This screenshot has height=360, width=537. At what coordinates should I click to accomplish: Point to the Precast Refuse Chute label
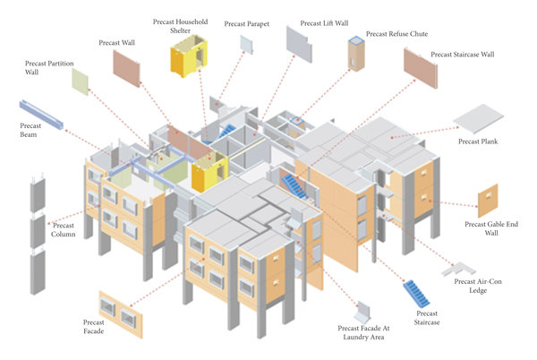tap(396, 34)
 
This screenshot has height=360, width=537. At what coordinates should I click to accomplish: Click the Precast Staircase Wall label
tap(470, 55)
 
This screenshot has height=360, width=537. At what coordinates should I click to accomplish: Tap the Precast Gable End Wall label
tap(489, 229)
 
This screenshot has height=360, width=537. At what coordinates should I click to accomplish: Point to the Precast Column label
tap(64, 229)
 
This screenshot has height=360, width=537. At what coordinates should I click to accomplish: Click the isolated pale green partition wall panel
tap(81, 81)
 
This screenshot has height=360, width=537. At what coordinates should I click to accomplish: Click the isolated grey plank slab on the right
tap(483, 120)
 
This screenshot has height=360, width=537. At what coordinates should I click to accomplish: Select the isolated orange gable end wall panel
tap(488, 200)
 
